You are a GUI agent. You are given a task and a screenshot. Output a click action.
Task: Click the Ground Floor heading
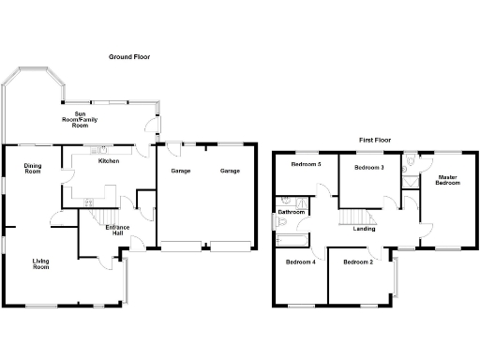pos(128,57)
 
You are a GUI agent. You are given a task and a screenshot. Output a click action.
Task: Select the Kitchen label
pos(109,161)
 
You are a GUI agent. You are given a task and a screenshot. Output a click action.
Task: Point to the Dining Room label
pos(33,169)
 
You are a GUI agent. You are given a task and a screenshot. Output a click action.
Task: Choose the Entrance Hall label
pos(117,232)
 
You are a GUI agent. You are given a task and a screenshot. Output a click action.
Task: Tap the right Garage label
pos(230,172)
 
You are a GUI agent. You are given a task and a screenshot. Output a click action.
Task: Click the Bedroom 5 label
pos(306,165)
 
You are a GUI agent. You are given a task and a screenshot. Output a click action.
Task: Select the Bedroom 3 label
pos(368,167)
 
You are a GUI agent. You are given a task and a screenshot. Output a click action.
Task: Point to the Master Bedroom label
pos(447,179)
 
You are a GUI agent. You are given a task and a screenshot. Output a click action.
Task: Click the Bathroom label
pos(292,212)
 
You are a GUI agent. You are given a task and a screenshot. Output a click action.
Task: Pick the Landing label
pos(365,229)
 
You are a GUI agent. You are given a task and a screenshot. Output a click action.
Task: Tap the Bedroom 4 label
pos(300,262)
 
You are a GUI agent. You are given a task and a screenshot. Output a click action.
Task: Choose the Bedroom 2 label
pos(358,262)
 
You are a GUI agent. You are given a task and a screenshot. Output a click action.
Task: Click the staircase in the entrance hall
pos(99,217)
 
